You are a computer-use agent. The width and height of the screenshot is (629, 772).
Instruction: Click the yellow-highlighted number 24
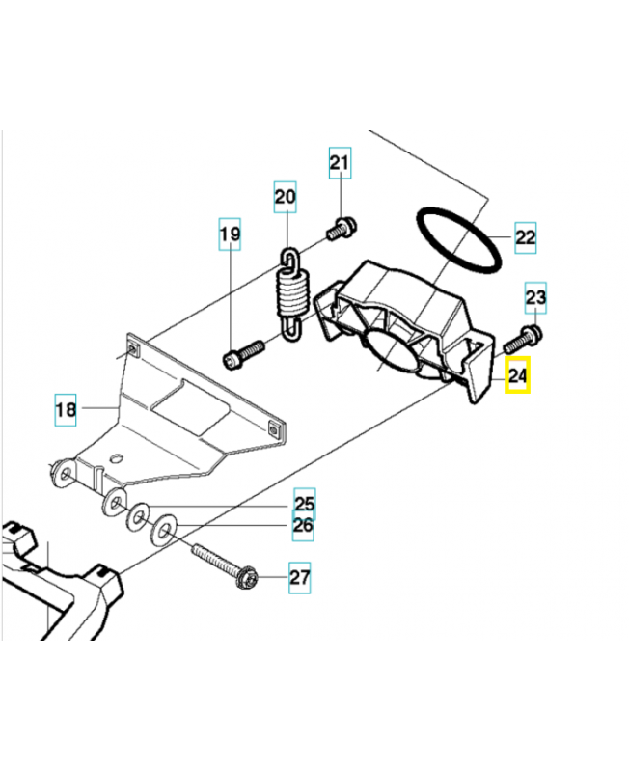[518, 374]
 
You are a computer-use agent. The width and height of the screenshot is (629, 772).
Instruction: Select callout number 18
[65, 410]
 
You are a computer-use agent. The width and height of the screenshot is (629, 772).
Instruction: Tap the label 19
[230, 234]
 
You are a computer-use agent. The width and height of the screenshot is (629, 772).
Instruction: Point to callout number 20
[285, 199]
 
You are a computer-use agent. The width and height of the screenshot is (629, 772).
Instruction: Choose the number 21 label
[340, 164]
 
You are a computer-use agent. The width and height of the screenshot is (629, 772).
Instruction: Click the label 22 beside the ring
[524, 237]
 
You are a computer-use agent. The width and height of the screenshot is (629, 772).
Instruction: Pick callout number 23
[535, 298]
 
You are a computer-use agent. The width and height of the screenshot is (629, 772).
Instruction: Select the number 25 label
[304, 504]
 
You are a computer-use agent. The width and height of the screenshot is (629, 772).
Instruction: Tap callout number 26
[303, 526]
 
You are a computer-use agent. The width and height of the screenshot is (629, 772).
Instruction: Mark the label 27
[300, 579]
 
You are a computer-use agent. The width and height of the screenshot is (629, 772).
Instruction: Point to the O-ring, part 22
[459, 241]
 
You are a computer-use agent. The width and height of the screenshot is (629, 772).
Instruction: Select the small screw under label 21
[342, 229]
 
